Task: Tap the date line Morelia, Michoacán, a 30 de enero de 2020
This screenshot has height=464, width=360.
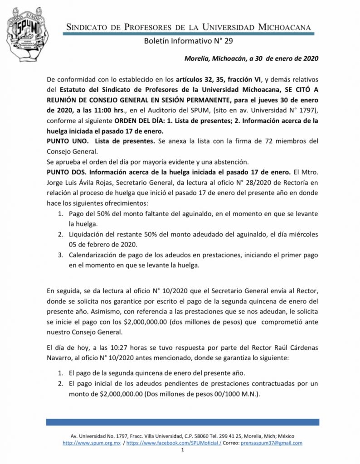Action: click(x=251, y=58)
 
